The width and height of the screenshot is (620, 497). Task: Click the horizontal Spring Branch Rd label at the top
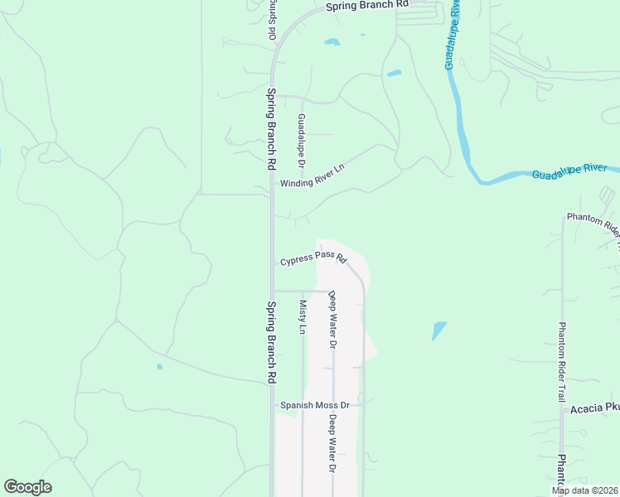click(x=367, y=6)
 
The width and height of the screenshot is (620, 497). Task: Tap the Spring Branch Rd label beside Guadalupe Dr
click(x=271, y=128)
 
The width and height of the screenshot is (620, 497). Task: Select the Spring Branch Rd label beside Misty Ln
click(x=271, y=340)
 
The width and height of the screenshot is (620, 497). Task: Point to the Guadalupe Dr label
click(x=302, y=138)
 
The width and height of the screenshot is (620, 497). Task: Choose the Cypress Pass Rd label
click(x=312, y=259)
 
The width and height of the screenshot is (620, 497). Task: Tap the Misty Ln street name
click(x=303, y=316)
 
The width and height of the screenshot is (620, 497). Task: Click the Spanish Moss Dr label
click(x=315, y=405)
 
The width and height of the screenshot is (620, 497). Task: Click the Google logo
click(x=27, y=486)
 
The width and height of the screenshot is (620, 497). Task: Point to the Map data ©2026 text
click(x=585, y=490)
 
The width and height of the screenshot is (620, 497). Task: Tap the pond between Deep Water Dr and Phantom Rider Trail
click(x=439, y=331)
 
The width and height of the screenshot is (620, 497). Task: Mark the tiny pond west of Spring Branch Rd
click(x=159, y=366)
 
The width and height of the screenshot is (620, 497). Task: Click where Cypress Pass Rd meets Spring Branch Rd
click(x=273, y=263)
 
